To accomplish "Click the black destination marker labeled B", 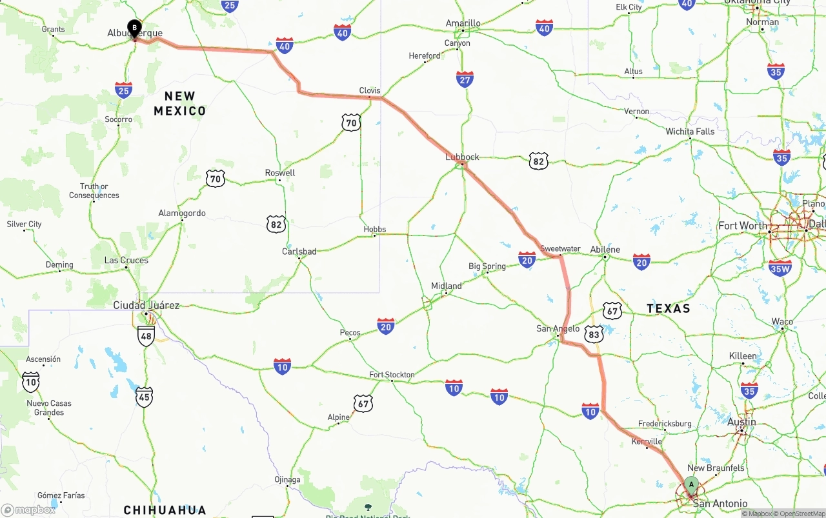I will coord(134,28).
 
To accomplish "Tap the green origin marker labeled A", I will coord(691,484).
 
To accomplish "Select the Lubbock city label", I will coord(462,157).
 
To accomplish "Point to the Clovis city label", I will coord(370,90).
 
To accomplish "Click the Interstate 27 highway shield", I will coord(465,79).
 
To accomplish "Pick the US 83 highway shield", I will coord(594,334).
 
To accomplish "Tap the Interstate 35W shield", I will coord(780,268).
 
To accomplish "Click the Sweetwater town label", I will coord(560,248).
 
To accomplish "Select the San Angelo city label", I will coord(558,328).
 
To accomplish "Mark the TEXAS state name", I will coord(669,308).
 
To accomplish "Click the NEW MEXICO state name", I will coord(180,103).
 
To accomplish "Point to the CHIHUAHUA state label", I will coord(165,510).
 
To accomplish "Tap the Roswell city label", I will coord(280,173).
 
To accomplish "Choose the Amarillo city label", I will coord(463,23).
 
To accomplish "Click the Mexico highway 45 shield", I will coord(145,397).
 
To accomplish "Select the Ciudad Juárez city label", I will coord(146,305).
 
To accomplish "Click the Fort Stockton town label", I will coord(392,375).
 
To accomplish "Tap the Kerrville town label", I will coord(647,442).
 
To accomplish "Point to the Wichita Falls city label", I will coord(690,132).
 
